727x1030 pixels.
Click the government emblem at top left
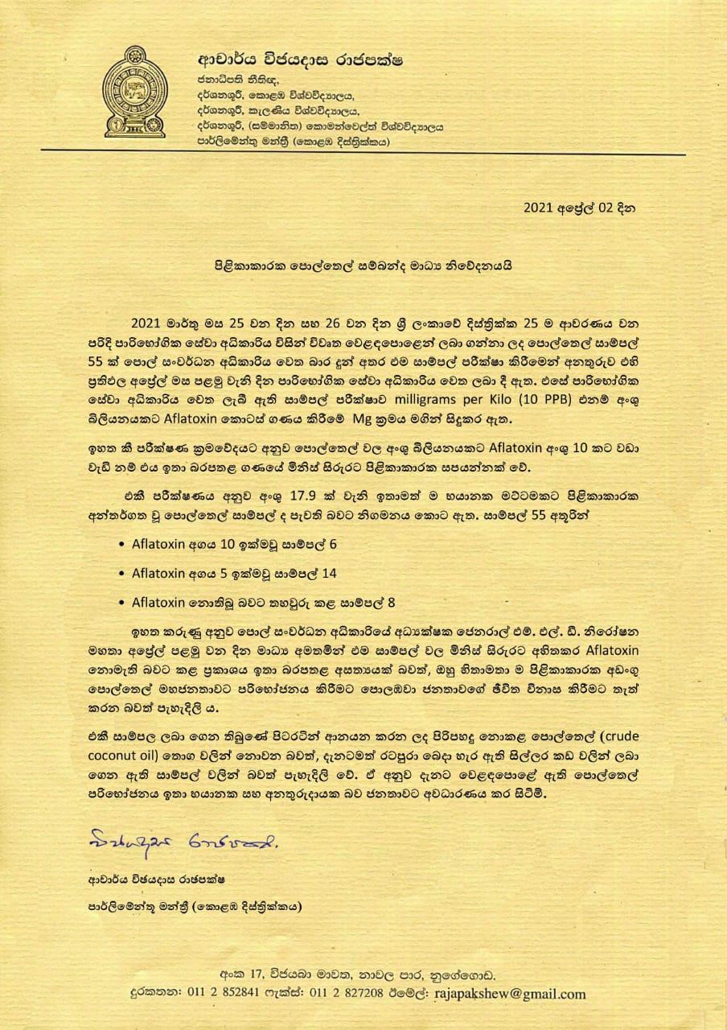click(135, 93)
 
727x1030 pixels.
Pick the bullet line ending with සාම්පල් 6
click(234, 544)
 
